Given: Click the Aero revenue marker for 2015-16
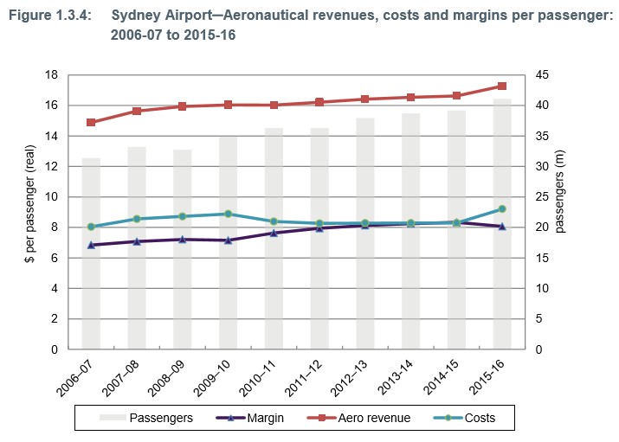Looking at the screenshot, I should point(502,86).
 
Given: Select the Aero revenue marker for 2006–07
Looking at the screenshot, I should point(91,122).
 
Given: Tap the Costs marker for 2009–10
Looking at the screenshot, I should point(228,214).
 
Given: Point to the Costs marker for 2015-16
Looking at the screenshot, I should point(502,208).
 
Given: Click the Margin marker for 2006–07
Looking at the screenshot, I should point(91,245).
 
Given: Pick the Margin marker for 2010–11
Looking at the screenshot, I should point(274,233).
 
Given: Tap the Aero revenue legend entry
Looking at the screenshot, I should point(355,418).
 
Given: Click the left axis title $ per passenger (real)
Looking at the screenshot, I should point(29,212).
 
